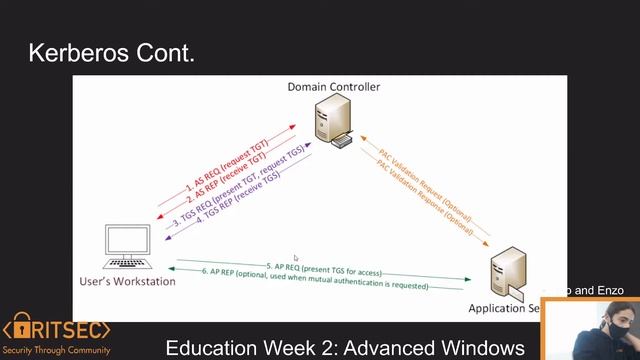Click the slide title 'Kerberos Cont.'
(111, 52)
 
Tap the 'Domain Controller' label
(334, 87)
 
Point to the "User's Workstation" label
(127, 281)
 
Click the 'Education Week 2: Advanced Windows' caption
(345, 348)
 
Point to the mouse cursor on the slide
(295, 258)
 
